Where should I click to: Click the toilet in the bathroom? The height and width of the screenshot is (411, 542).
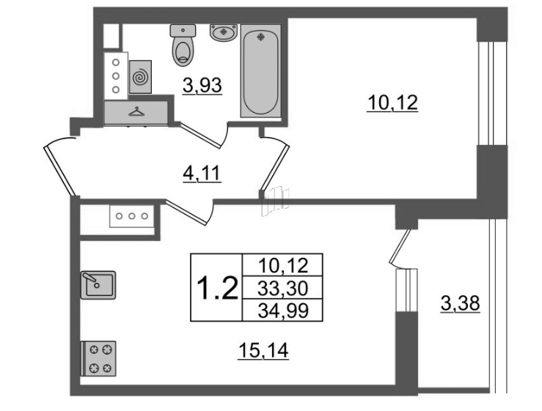click(183, 45)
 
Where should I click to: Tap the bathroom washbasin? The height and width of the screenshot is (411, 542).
click(223, 32)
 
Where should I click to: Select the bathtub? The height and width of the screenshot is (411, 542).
click(261, 71)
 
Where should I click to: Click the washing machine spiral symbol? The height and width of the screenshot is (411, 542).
click(140, 77)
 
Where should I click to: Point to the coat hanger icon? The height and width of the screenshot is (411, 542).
click(136, 111)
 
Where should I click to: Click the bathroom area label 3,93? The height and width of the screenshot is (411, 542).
click(202, 86)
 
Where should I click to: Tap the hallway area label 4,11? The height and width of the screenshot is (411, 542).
click(202, 174)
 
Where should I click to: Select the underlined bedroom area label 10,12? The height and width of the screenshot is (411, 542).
click(392, 103)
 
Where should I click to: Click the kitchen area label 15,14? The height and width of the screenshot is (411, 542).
click(263, 351)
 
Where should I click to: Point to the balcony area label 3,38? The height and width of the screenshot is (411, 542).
click(461, 304)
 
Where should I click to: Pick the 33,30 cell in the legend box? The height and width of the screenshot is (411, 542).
click(283, 288)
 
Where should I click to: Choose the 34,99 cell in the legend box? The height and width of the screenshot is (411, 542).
click(283, 311)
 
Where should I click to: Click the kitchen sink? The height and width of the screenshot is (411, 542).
click(98, 285)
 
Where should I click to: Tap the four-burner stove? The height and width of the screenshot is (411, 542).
click(98, 358)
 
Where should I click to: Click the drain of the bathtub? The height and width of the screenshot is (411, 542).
click(261, 37)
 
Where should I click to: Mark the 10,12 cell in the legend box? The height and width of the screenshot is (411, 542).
click(283, 265)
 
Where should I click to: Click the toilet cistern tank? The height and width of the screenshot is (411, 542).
click(183, 30)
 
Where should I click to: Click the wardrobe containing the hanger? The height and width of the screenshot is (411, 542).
click(136, 113)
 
